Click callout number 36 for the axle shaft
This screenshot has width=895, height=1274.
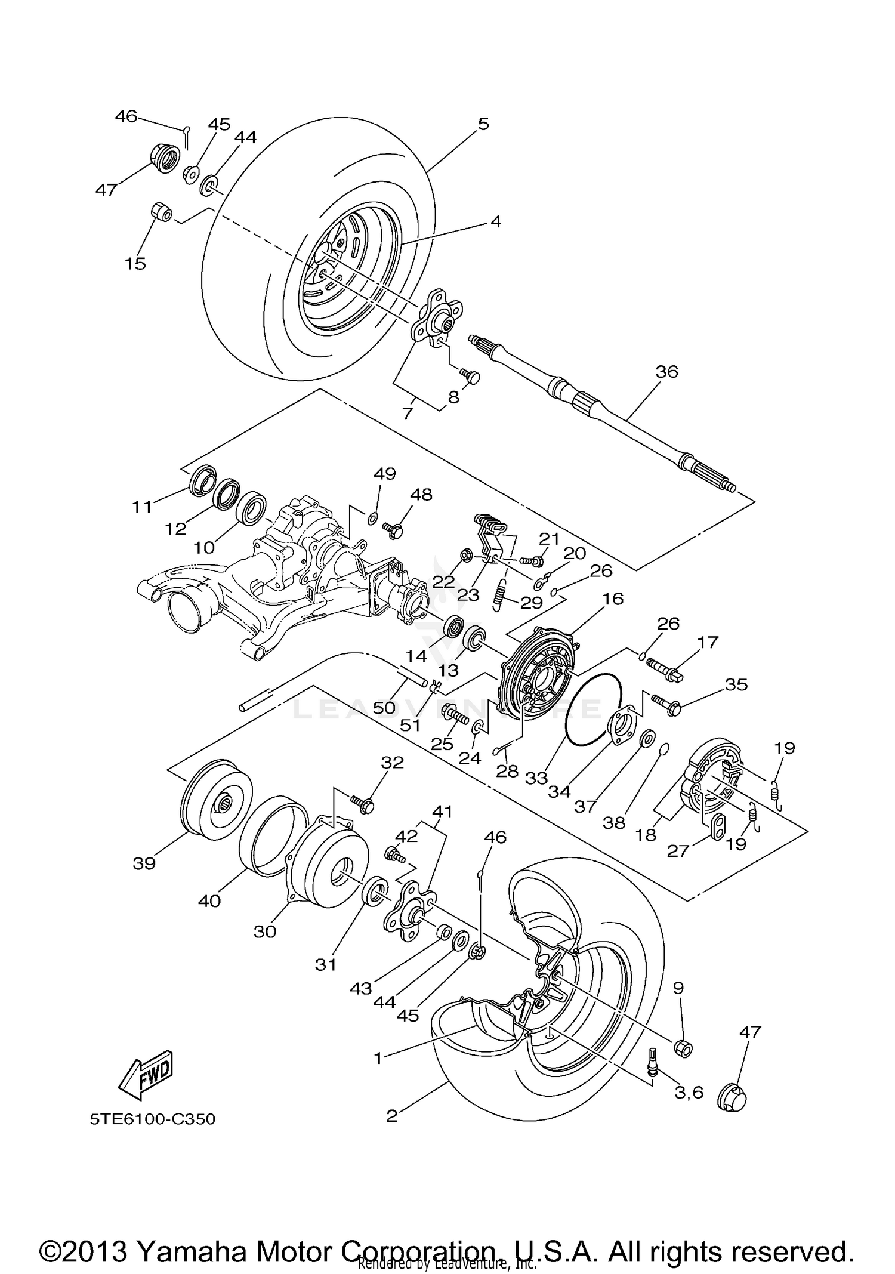(666, 372)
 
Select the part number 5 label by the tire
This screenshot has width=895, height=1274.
(483, 124)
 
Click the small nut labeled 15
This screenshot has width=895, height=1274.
(160, 212)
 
